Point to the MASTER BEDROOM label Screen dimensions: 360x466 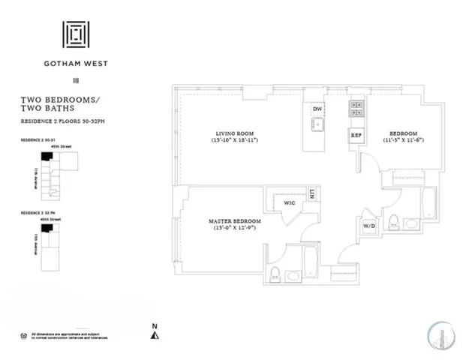point(235,220)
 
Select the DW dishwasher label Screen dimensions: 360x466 point(317,109)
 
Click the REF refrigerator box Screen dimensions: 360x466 point(356,136)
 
